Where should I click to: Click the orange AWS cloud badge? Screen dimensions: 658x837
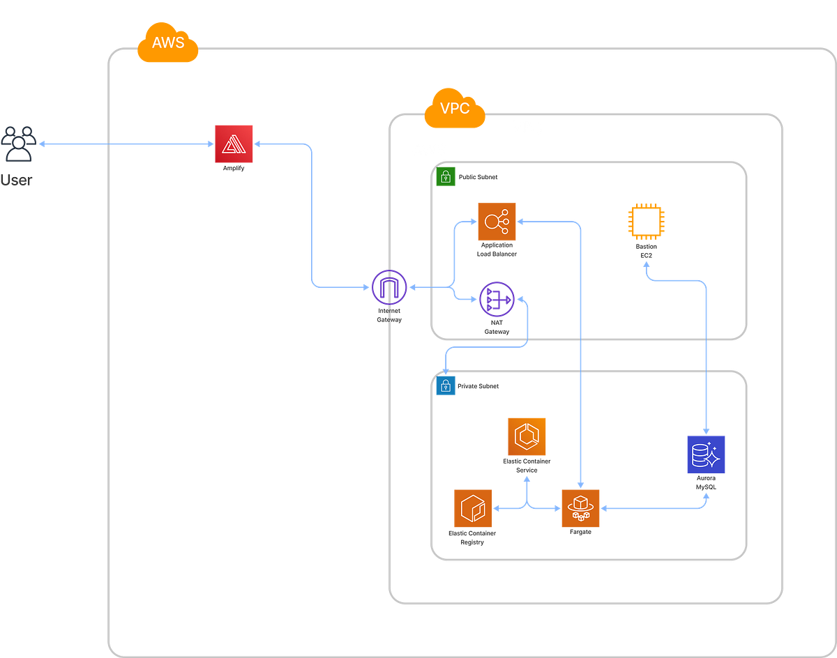pyautogui.click(x=168, y=43)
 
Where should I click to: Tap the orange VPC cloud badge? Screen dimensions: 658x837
pyautogui.click(x=454, y=109)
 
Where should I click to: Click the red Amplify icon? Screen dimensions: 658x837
pyautogui.click(x=234, y=144)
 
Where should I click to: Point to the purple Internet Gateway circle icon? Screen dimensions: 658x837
pyautogui.click(x=389, y=286)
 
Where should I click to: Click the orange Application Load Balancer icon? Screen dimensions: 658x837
pyautogui.click(x=497, y=222)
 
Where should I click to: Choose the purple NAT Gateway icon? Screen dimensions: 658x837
pyautogui.click(x=497, y=300)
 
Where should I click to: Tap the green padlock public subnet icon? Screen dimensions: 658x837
pyautogui.click(x=445, y=177)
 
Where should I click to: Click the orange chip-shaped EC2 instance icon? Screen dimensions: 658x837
pyautogui.click(x=646, y=222)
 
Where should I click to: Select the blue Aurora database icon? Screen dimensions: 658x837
pyautogui.click(x=706, y=454)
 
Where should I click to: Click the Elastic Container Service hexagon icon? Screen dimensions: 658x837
pyautogui.click(x=527, y=437)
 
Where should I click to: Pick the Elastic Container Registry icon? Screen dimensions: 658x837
pyautogui.click(x=473, y=508)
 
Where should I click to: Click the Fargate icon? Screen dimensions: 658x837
pyautogui.click(x=580, y=508)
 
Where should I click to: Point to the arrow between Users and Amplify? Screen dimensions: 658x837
pyautogui.click(x=126, y=144)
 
